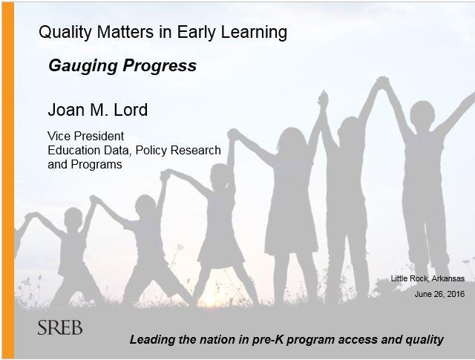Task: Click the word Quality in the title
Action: point(65,33)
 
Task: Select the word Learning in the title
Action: point(254,33)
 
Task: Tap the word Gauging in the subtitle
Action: point(82,66)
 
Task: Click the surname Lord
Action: point(131,110)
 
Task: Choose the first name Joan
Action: point(66,110)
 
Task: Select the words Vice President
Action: point(86,136)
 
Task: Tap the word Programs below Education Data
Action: point(96,165)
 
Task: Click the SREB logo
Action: point(60,327)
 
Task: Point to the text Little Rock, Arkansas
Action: point(427,278)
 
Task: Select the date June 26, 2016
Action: point(439,294)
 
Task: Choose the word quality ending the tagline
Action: point(425,340)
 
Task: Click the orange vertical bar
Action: point(8,180)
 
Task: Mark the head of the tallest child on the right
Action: point(422,113)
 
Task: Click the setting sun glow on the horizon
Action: point(210,298)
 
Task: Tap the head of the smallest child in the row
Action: point(73,218)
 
